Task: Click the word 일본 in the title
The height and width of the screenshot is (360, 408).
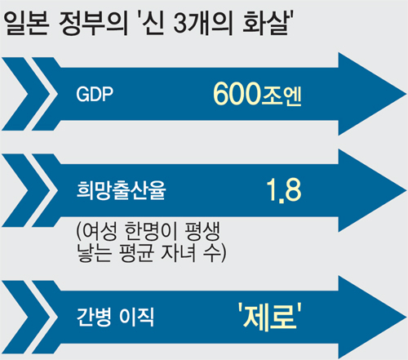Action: (x=28, y=24)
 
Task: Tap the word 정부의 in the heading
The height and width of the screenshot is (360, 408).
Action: (x=93, y=24)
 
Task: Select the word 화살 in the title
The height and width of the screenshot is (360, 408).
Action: (x=264, y=24)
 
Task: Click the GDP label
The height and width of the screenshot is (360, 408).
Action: (x=95, y=94)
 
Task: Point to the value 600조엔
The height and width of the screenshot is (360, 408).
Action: (x=257, y=94)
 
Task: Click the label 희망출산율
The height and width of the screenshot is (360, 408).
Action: (x=121, y=190)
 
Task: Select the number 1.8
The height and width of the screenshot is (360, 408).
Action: (x=284, y=190)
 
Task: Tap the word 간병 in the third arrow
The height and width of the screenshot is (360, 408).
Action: (x=94, y=317)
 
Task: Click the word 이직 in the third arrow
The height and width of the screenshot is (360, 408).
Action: (x=136, y=317)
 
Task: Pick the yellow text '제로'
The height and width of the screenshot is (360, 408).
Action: (x=270, y=316)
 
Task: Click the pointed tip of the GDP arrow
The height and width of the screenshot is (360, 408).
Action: (x=406, y=95)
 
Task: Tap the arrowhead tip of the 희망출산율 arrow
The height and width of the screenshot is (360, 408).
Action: (x=406, y=190)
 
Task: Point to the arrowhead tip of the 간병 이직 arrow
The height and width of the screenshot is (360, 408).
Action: (x=406, y=317)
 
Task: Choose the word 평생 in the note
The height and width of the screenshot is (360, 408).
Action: (x=202, y=232)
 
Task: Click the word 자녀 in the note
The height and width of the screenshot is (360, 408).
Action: (x=179, y=253)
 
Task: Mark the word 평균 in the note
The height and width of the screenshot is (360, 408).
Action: (x=136, y=253)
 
